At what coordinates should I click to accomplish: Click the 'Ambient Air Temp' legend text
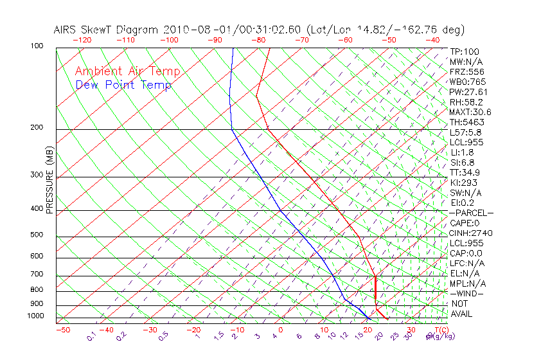point(128,71)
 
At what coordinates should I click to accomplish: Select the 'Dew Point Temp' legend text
point(123,85)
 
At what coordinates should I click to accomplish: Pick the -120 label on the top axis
point(82,40)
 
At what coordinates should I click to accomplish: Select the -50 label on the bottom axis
point(62,330)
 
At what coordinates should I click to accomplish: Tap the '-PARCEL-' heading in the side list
point(471,213)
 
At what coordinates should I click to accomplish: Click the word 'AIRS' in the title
point(66,30)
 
